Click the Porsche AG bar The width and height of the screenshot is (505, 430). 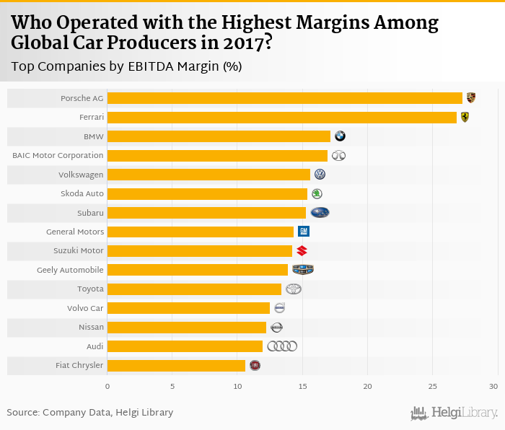pos(285,98)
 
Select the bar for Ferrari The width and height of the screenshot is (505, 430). pos(282,117)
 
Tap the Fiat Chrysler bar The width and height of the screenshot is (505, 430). pos(176,365)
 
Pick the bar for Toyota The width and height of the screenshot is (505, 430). pos(194,289)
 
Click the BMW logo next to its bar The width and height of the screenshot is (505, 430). pos(340,136)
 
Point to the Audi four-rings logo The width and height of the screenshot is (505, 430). pos(282,346)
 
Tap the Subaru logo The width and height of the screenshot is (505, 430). pos(320,213)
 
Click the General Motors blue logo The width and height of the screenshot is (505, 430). pos(304,232)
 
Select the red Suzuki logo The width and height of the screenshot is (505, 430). pos(302,251)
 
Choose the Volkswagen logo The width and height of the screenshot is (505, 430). pos(320,175)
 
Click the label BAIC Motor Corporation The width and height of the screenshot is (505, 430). pos(58,155)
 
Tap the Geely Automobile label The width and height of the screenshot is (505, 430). pos(70,270)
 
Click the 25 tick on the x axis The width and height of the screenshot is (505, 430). pos(432,387)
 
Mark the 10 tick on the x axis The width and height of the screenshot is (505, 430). pos(237,387)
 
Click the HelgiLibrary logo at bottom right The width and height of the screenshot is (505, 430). pos(454,413)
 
